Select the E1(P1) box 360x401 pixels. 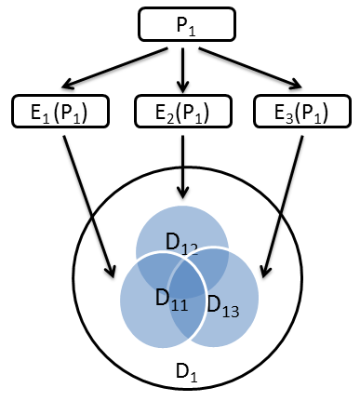pos(61,113)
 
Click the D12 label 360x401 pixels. pos(181,243)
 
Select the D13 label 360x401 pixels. pos(223,304)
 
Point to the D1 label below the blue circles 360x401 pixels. pos(186,371)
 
